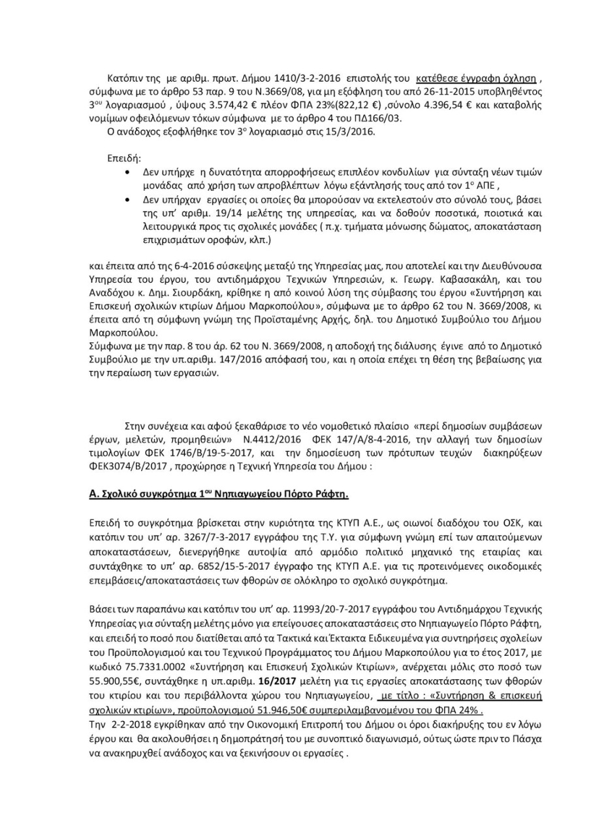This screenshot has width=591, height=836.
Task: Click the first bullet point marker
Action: click(x=126, y=173)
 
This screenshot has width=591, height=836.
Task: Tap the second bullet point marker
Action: click(x=126, y=199)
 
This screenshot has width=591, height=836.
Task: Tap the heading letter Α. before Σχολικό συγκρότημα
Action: click(x=93, y=494)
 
